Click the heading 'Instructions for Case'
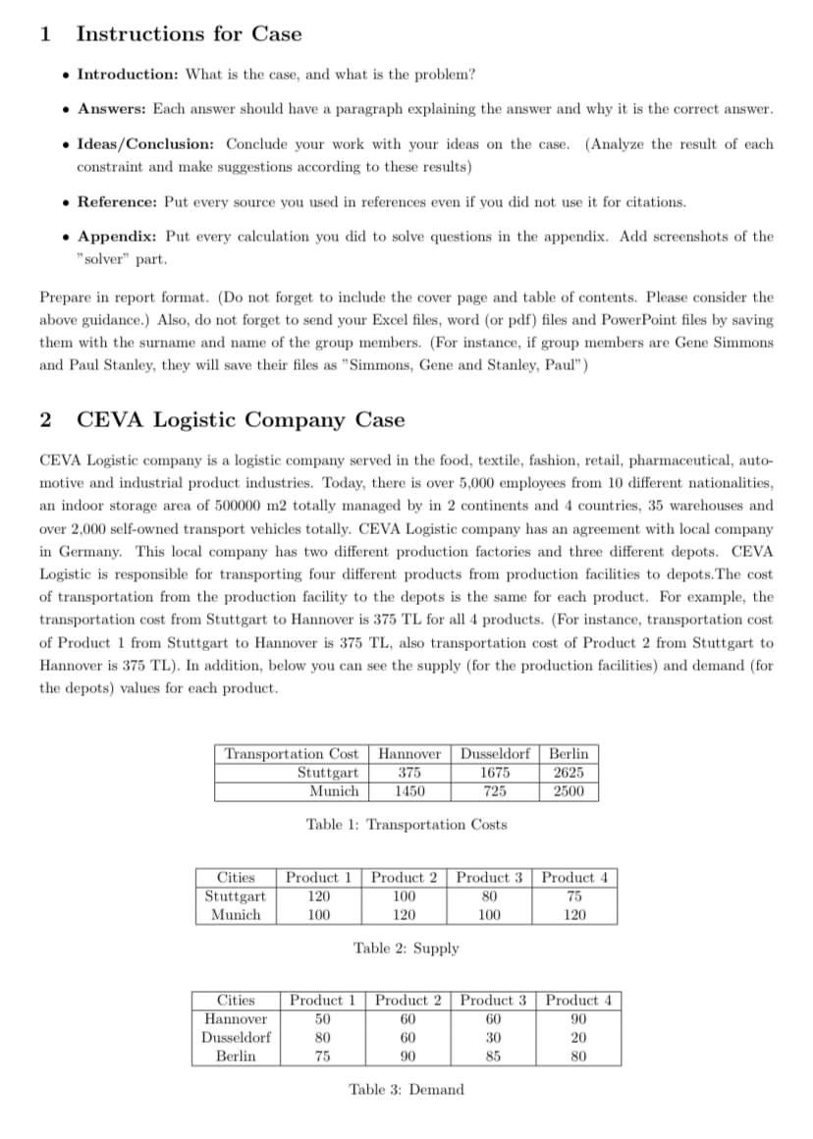189,33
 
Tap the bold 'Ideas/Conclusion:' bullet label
147,143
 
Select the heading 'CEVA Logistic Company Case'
241,420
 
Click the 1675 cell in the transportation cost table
494,772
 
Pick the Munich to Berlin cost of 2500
568,790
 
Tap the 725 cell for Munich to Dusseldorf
494,790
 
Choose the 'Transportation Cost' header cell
292,754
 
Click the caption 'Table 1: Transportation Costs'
406,825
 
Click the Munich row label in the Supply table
236,914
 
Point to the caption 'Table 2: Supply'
406,949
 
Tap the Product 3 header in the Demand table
494,1001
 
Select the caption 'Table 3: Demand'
406,1089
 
